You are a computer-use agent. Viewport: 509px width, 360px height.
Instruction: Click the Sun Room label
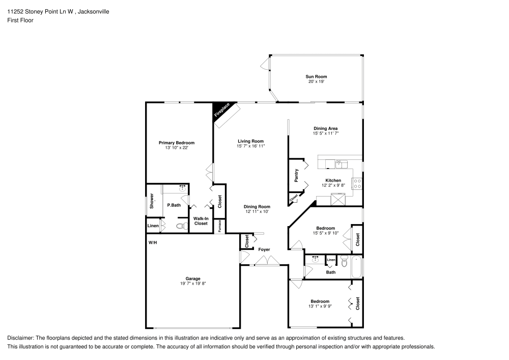pos(316,76)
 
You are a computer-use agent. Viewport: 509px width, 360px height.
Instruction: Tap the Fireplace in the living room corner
pos(222,112)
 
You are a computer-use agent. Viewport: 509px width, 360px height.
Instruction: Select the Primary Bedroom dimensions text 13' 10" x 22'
pos(176,148)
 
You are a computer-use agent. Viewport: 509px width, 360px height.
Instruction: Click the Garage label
pos(192,279)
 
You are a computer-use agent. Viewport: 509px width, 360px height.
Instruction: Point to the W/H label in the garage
pos(152,243)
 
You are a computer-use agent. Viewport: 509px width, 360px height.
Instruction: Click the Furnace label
pos(220,225)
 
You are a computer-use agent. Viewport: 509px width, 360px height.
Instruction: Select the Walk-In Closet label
pos(201,221)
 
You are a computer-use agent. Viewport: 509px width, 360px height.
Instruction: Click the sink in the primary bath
pos(182,188)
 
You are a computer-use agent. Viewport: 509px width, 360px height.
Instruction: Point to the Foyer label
pos(264,250)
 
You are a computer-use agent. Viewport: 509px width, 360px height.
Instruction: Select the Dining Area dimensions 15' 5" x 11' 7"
pos(326,133)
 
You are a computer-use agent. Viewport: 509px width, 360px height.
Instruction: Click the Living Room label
pos(250,141)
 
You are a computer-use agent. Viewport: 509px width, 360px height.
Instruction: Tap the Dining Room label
pos(257,206)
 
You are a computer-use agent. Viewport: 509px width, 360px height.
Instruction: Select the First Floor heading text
pos(20,20)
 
